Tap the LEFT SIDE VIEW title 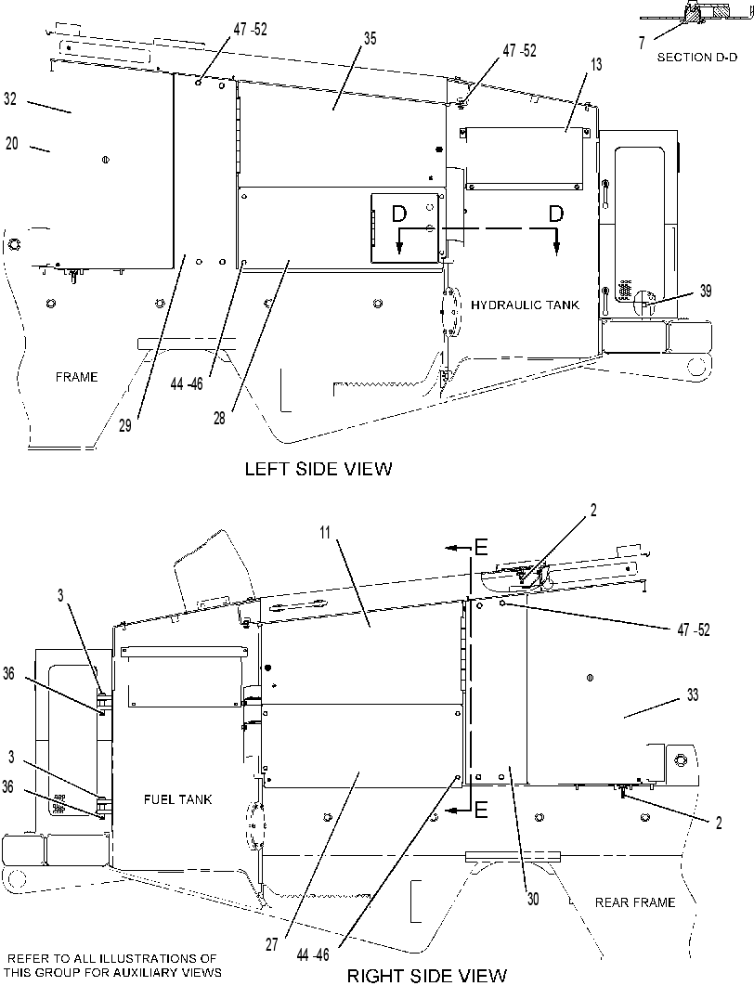pyautogui.click(x=318, y=469)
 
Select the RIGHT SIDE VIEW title pyautogui.click(x=427, y=975)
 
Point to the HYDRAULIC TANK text pyautogui.click(x=525, y=305)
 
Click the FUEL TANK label pyautogui.click(x=178, y=800)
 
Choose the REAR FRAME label pyautogui.click(x=635, y=902)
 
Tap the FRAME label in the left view pyautogui.click(x=77, y=377)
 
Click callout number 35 pyautogui.click(x=370, y=39)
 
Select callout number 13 pyautogui.click(x=595, y=64)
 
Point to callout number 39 pyautogui.click(x=706, y=291)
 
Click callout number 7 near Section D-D pyautogui.click(x=642, y=43)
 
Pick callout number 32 pyautogui.click(x=10, y=98)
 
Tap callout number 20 pyautogui.click(x=12, y=143)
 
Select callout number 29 pyautogui.click(x=125, y=426)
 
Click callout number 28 pyautogui.click(x=219, y=418)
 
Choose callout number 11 pyautogui.click(x=324, y=533)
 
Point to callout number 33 pyautogui.click(x=693, y=694)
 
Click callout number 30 pyautogui.click(x=533, y=900)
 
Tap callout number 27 pyautogui.click(x=272, y=945)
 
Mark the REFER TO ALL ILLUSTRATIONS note pyautogui.click(x=114, y=966)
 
